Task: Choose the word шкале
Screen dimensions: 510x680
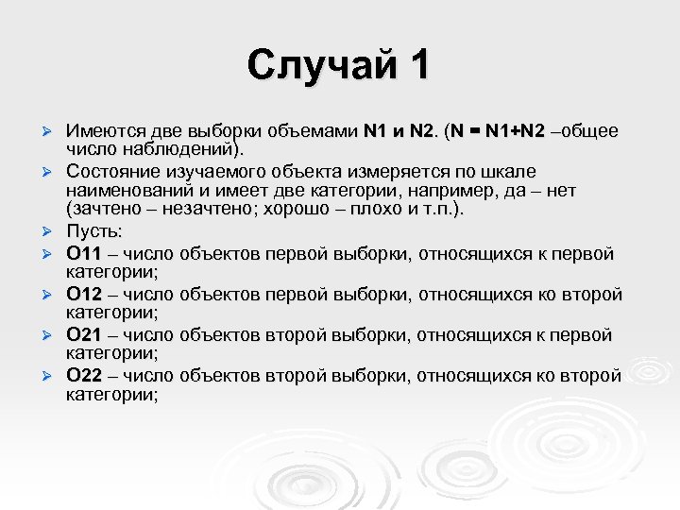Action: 511,172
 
